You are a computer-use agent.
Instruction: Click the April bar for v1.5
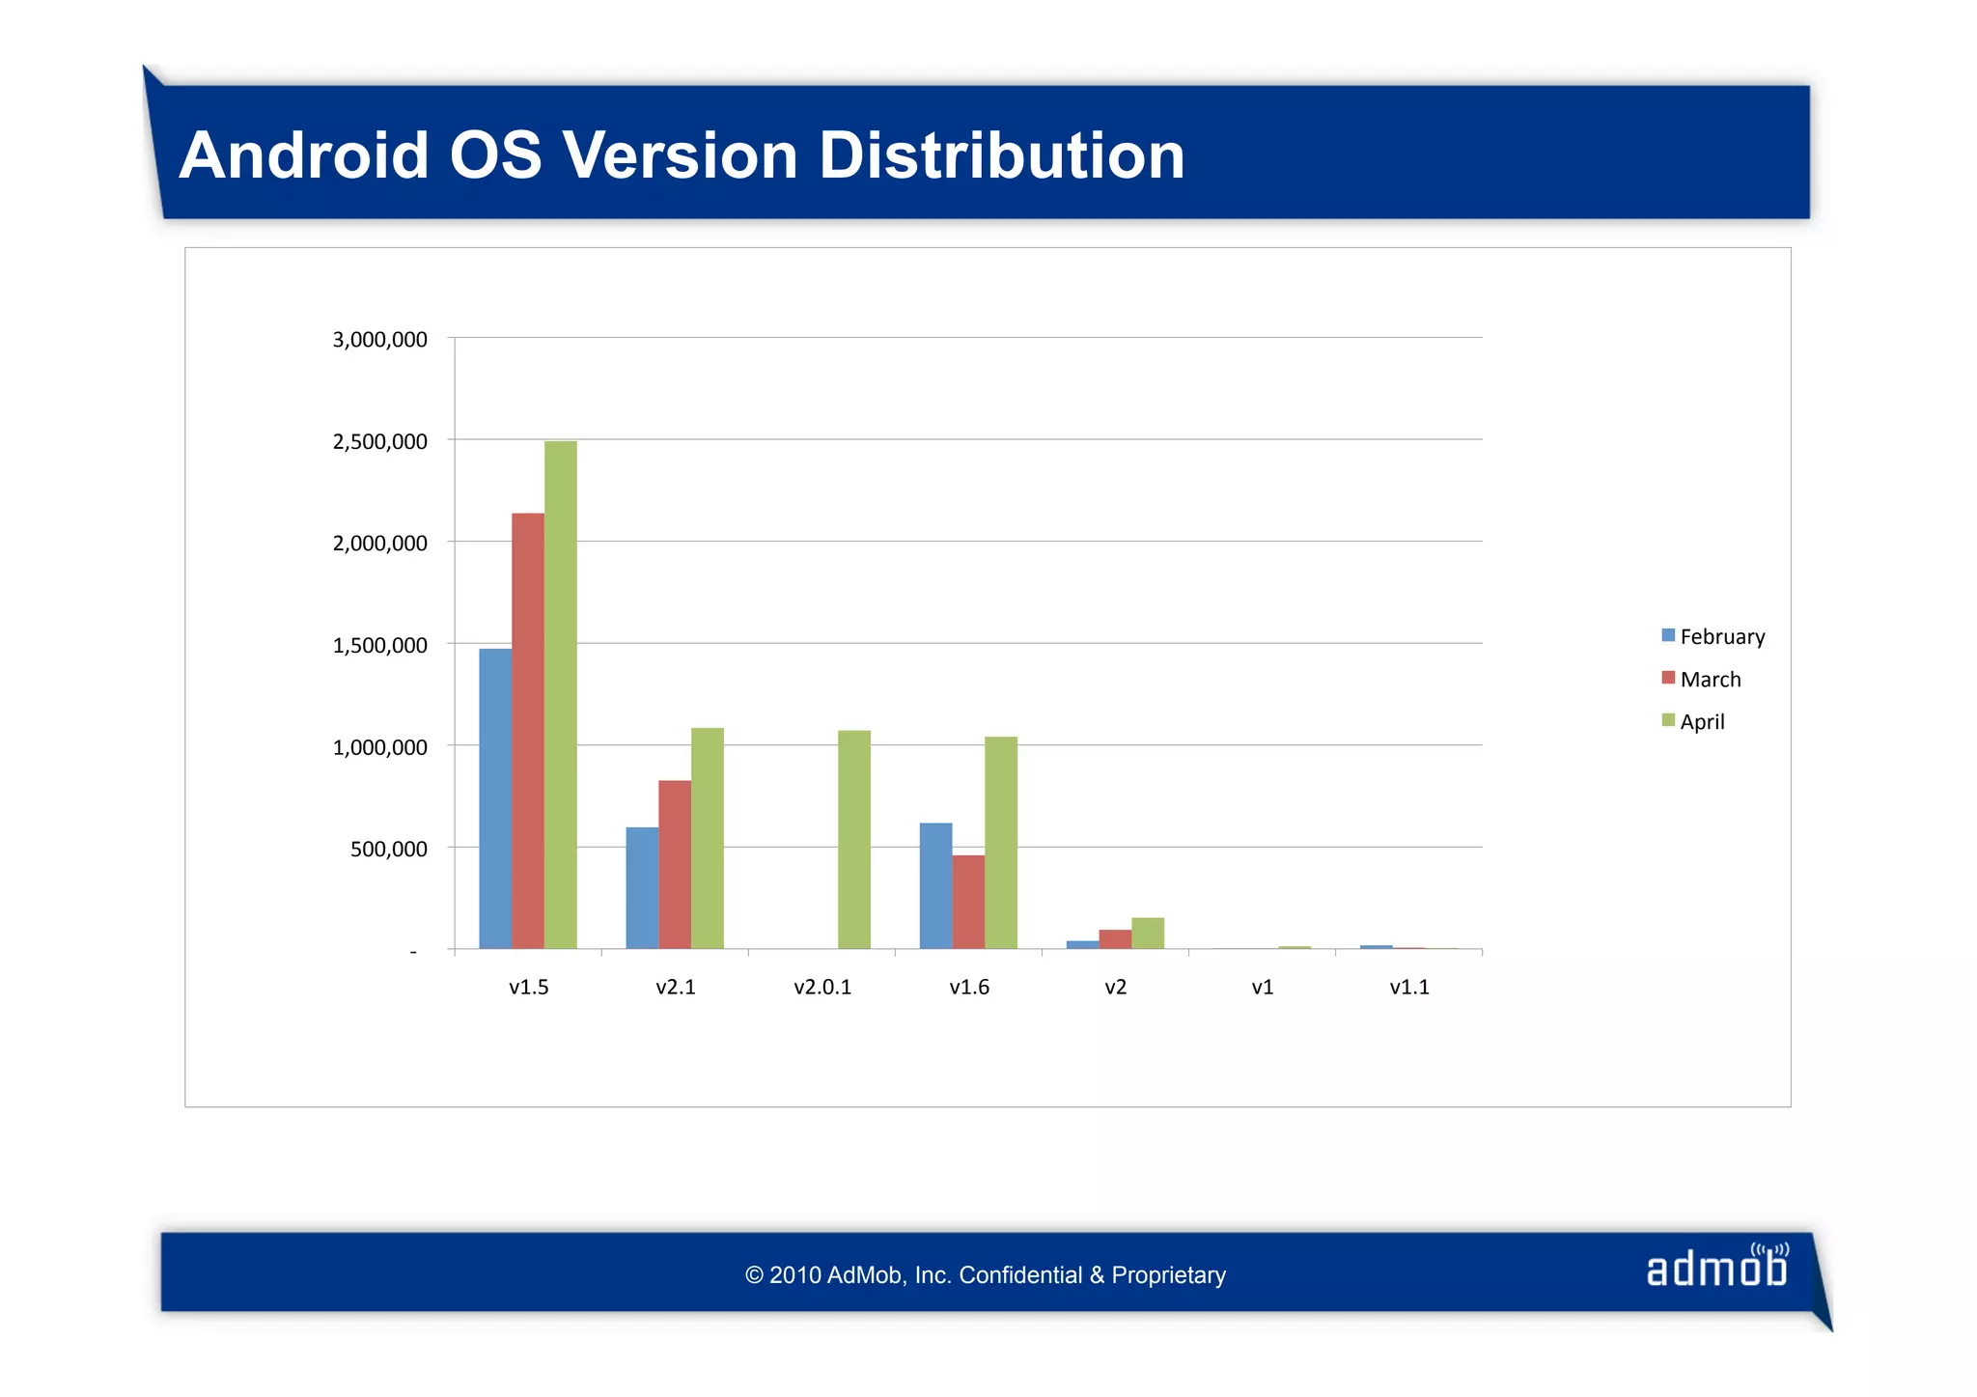pyautogui.click(x=560, y=695)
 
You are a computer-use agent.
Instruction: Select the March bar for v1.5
pyautogui.click(x=528, y=731)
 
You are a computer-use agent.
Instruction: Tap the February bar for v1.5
pyautogui.click(x=495, y=798)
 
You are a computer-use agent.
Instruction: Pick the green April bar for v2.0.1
pyautogui.click(x=854, y=839)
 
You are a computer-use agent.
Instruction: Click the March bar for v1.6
pyautogui.click(x=968, y=902)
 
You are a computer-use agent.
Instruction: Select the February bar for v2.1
pyautogui.click(x=642, y=887)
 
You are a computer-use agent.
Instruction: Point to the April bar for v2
pyautogui.click(x=1148, y=933)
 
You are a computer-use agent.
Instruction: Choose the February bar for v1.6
pyautogui.click(x=935, y=885)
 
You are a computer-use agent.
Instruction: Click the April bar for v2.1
pyautogui.click(x=708, y=838)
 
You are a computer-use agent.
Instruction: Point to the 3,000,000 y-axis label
pyautogui.click(x=379, y=340)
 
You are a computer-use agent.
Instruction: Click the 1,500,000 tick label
pyautogui.click(x=379, y=645)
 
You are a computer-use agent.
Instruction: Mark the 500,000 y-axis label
pyautogui.click(x=388, y=850)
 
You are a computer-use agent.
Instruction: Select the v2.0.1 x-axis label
pyautogui.click(x=822, y=987)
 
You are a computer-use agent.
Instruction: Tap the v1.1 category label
pyautogui.click(x=1408, y=987)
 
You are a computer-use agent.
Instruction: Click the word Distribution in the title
pyautogui.click(x=1001, y=155)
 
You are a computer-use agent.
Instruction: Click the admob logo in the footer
pyautogui.click(x=1717, y=1267)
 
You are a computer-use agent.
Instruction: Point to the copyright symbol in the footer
pyautogui.click(x=754, y=1275)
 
